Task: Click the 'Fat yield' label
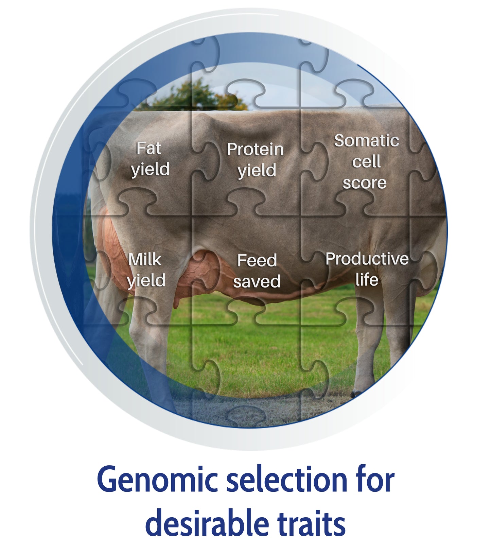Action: tap(151, 159)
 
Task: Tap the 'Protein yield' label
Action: tap(256, 160)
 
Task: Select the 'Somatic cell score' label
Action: tap(366, 162)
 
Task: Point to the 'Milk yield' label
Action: tap(146, 271)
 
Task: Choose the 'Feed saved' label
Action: tap(257, 271)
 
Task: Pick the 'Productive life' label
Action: tap(367, 269)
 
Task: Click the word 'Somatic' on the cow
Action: tap(367, 141)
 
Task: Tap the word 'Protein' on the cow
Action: tap(256, 150)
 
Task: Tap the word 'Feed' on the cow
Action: tap(257, 261)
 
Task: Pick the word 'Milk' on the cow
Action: tap(145, 260)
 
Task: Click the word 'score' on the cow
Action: tap(365, 183)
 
